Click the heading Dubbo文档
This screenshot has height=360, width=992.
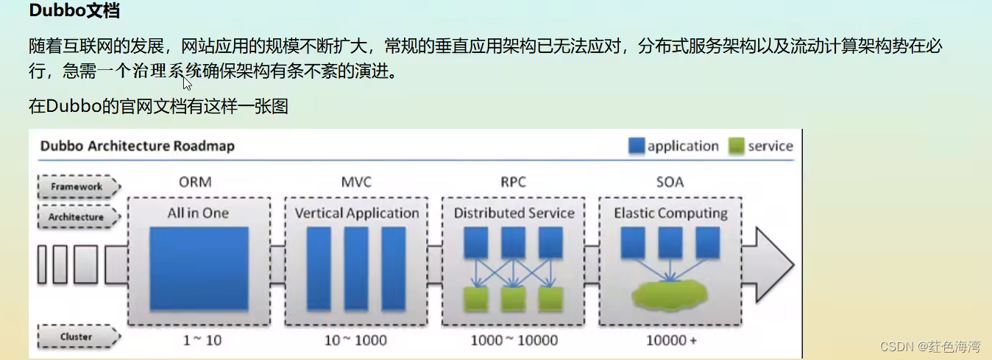point(75,12)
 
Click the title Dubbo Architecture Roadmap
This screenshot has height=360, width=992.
point(138,146)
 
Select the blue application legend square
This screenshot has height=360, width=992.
point(637,146)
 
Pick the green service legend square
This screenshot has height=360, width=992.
point(737,146)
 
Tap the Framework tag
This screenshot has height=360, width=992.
point(77,187)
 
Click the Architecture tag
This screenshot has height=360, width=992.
point(77,217)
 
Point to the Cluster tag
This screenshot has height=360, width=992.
point(77,337)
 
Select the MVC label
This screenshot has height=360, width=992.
point(356,182)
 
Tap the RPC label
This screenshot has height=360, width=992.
point(513,182)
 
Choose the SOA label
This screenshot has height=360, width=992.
point(670,182)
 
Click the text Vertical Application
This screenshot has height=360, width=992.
point(357,213)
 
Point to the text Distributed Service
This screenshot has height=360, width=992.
point(514,213)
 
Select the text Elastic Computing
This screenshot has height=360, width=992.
point(670,213)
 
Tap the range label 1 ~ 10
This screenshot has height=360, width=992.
point(202,340)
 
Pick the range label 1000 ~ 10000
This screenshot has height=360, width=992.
point(514,340)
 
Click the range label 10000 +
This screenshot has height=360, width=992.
point(671,340)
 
